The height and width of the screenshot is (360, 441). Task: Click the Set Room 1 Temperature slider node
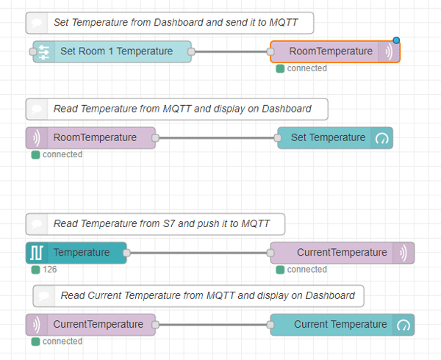coord(112,51)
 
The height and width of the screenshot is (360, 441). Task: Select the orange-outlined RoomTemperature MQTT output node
coord(334,51)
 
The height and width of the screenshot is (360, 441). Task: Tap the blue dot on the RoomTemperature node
coord(396,40)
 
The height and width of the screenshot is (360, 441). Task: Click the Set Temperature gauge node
coord(335,137)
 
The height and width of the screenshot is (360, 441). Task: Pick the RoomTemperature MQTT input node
coord(90,137)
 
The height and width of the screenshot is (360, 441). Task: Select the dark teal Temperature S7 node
coord(76,253)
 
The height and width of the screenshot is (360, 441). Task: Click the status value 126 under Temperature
coord(50,270)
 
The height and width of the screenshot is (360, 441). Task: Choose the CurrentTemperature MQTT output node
coord(342,253)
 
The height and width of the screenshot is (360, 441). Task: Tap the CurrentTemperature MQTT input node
coord(90,325)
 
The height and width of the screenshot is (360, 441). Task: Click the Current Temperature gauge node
coord(342,325)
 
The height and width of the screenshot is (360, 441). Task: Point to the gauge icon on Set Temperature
coord(381,138)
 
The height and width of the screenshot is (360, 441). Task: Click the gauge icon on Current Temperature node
coord(404,325)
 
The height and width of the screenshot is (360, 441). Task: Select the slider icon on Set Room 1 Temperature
coord(44,52)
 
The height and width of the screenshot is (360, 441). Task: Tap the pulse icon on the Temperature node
coord(37,253)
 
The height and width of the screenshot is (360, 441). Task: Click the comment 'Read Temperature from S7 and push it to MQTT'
coord(155,224)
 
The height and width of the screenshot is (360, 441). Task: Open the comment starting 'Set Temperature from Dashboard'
coord(170,23)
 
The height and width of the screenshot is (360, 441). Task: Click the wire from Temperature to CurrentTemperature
coord(198,253)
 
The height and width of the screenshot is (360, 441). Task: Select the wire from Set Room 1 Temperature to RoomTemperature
coord(231,51)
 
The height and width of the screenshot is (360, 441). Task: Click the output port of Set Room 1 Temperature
coord(191,51)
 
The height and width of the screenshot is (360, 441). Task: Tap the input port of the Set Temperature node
coord(278,137)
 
